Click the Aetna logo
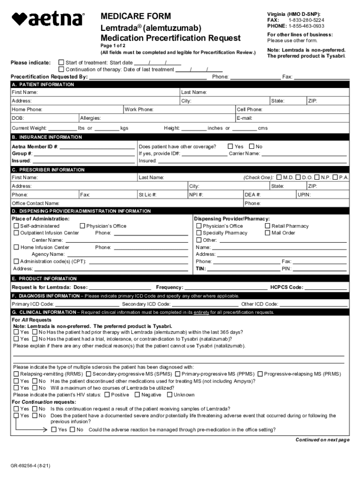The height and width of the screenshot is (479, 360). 48,19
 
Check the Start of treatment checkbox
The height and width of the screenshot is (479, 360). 61,62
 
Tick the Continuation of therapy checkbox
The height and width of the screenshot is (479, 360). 61,69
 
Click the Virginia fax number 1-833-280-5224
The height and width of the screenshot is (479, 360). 306,20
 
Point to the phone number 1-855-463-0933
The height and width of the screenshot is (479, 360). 306,26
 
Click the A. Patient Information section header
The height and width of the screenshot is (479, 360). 43,85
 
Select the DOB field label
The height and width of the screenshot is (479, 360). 18,118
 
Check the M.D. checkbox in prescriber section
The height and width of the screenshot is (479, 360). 279,177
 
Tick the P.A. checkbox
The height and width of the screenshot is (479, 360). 335,177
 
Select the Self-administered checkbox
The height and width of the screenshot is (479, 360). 16,226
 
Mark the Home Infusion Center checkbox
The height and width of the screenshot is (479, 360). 16,247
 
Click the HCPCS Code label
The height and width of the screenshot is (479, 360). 287,287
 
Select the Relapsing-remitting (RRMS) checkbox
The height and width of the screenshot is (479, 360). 16,374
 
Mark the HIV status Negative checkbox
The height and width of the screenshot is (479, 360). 137,395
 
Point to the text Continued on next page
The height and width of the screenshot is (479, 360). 322,440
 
